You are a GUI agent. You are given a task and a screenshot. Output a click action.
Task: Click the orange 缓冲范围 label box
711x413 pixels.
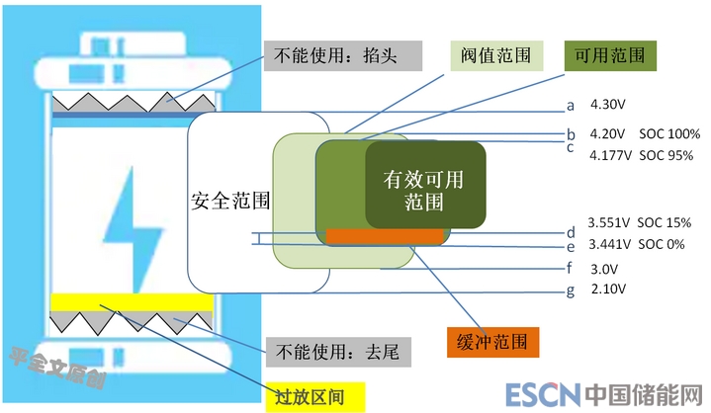[491, 341]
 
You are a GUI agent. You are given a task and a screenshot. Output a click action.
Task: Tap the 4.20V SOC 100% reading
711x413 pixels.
[644, 133]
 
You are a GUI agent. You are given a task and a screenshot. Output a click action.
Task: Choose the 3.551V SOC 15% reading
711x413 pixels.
[639, 223]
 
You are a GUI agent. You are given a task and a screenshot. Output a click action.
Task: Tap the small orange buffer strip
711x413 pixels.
[386, 236]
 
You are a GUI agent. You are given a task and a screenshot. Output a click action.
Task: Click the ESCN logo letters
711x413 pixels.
[542, 397]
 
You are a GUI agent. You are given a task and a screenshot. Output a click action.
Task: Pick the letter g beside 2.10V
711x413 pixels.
[570, 290]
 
